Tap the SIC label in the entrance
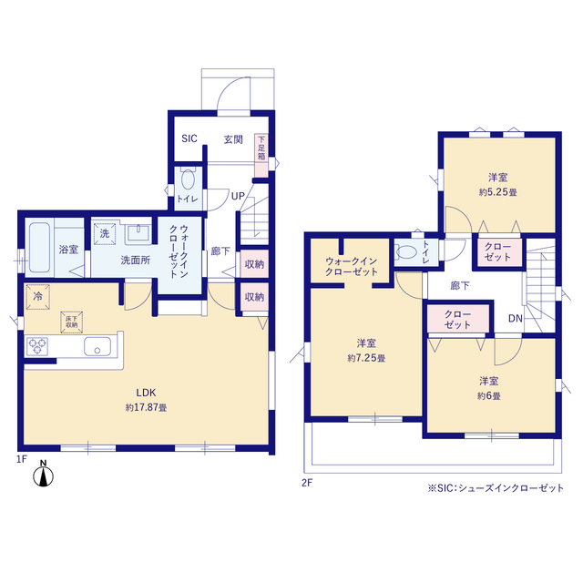(x=189, y=138)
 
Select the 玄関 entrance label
(x=233, y=139)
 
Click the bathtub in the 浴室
(x=39, y=247)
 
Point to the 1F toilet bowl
(x=189, y=179)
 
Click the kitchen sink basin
(x=97, y=346)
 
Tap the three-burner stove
(x=37, y=346)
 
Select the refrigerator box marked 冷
(x=38, y=297)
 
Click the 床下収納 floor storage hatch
(x=72, y=322)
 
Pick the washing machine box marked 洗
(x=105, y=234)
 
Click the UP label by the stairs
(x=238, y=196)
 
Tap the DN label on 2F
(x=516, y=318)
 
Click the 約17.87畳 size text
(x=146, y=407)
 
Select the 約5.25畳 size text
(x=498, y=192)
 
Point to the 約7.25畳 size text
(x=366, y=358)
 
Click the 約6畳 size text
(x=489, y=396)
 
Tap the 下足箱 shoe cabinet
(x=261, y=155)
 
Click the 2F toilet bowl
(x=404, y=252)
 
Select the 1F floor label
(x=22, y=459)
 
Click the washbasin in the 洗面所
(x=138, y=233)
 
